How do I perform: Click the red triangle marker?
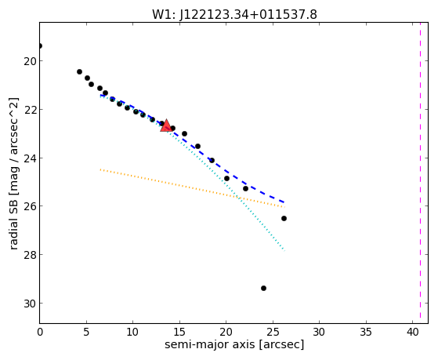[166, 125]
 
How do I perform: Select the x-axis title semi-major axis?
[209, 344]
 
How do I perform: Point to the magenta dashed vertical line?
[420, 173]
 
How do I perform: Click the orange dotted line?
[192, 188]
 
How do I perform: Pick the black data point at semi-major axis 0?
[40, 45]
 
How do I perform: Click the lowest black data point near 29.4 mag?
[263, 288]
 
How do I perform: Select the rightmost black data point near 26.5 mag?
[284, 219]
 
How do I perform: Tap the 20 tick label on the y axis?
[30, 61]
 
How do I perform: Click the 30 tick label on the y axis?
[30, 304]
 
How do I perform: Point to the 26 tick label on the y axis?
[30, 206]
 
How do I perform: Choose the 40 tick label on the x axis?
[412, 333]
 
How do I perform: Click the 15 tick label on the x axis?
[179, 333]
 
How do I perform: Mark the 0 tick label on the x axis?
[40, 333]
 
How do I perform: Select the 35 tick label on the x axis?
[366, 333]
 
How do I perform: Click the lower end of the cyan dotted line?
[284, 251]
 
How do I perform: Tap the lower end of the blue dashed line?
[284, 202]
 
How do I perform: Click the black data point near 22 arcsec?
[245, 189]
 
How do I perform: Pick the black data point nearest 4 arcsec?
[79, 72]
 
